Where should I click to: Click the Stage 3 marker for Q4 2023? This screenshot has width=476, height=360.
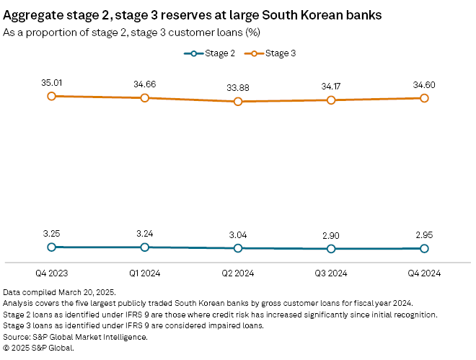[51, 95]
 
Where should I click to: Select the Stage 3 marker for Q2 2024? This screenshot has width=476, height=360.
[238, 102]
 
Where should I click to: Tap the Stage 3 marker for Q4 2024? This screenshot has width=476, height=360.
[424, 97]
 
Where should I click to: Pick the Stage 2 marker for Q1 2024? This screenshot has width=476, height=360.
[145, 247]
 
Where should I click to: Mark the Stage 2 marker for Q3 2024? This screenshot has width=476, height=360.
[331, 248]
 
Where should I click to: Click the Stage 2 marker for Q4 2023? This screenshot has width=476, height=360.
[51, 247]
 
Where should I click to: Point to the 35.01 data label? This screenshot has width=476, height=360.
[51, 83]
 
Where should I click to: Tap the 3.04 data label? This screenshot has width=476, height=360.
[238, 234]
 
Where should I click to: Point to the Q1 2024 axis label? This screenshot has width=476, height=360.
[145, 273]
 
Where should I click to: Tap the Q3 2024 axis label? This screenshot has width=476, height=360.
[331, 273]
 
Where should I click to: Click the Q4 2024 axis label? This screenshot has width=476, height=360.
[424, 273]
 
